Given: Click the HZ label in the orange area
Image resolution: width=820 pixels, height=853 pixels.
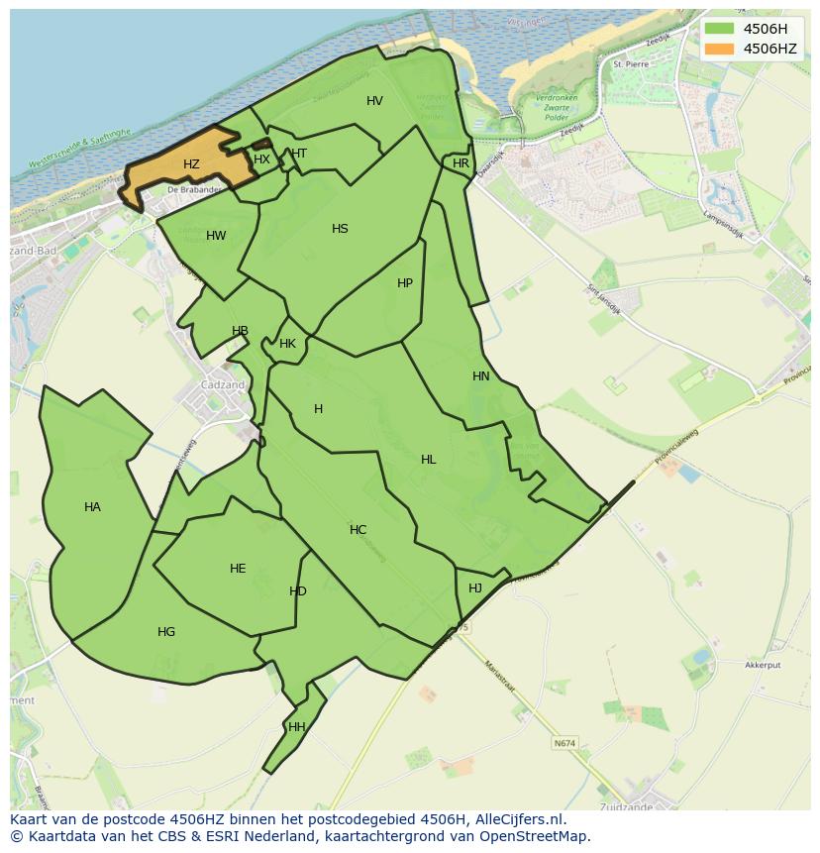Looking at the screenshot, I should coord(191,164).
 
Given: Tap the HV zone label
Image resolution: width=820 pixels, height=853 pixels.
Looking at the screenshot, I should coord(374,101).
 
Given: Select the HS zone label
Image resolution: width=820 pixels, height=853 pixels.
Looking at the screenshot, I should coord(340,229).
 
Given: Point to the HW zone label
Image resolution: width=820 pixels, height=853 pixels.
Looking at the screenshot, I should coord(216,236).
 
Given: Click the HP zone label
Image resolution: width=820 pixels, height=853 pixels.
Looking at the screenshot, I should coord(404,283).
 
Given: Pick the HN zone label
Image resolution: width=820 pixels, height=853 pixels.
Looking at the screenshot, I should coord(481,376).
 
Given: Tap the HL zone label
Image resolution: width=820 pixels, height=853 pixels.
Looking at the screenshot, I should coord(428,460).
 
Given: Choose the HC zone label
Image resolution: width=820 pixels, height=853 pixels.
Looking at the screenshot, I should coord(358,530).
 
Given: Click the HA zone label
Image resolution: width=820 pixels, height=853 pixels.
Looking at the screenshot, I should coord(92,507).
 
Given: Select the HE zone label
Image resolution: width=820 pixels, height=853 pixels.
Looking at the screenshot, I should coord(238,569).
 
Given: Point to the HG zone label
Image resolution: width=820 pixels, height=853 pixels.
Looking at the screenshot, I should coord(166,632).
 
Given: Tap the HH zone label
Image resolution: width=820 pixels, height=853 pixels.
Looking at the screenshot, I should coord(296,727).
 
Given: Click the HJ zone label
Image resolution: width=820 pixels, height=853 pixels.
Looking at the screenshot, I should coord(475,587).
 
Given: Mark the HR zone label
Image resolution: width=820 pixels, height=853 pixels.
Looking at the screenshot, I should coord(461,163).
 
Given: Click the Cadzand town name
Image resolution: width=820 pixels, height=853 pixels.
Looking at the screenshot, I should coord(222,385).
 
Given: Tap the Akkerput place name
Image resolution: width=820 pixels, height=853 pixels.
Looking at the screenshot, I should coord(764,666).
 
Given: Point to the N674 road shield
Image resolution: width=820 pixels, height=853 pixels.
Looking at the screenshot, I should coord(564,743).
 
